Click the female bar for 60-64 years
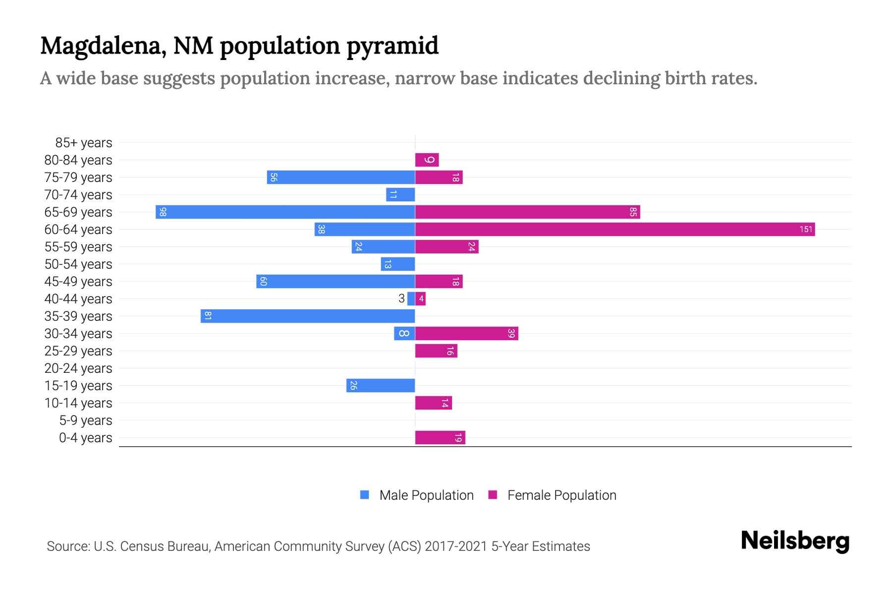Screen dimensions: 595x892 614,229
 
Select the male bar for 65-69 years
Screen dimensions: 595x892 285,212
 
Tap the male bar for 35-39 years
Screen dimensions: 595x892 307,316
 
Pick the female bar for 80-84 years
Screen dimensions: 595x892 427,160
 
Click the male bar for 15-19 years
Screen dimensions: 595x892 380,385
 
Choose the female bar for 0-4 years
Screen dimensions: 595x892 440,437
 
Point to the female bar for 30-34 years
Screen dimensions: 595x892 466,333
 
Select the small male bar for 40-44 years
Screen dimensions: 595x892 411,298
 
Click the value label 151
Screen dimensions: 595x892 806,229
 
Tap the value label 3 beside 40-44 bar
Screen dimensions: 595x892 401,298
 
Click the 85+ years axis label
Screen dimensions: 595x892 83,143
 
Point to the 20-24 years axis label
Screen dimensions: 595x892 78,368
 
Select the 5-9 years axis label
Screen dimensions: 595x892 85,420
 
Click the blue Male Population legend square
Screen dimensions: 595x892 365,495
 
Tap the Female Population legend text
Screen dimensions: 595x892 561,495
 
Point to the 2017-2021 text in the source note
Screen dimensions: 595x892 456,546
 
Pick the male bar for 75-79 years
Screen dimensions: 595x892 340,177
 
